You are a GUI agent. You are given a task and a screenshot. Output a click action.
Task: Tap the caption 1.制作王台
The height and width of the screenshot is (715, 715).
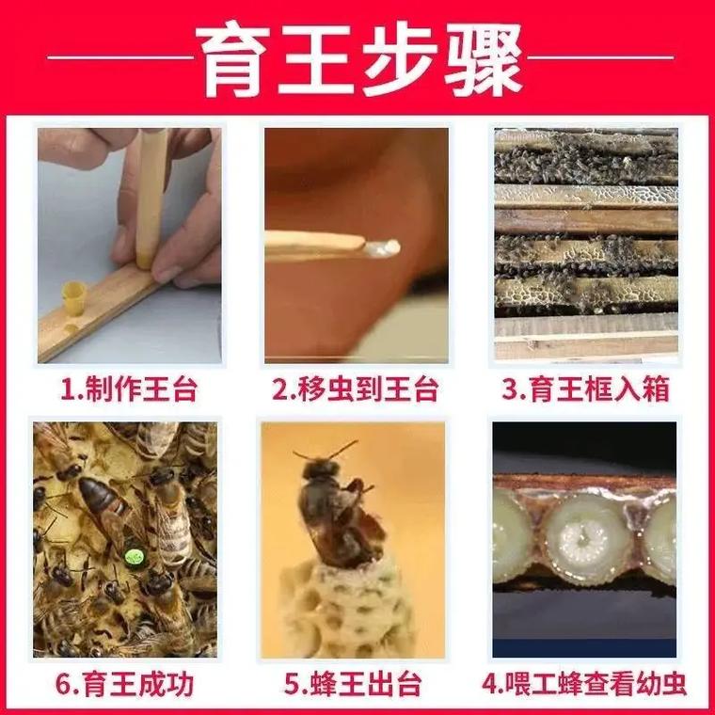click(x=129, y=389)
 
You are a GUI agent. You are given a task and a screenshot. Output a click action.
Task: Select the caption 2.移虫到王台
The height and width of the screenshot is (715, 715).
click(x=357, y=389)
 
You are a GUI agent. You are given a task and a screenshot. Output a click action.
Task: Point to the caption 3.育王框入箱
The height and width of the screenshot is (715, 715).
click(x=585, y=389)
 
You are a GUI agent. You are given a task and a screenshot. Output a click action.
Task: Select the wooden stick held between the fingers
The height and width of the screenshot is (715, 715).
click(x=151, y=198)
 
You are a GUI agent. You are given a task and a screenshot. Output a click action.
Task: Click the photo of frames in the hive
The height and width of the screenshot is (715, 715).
click(x=585, y=245)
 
